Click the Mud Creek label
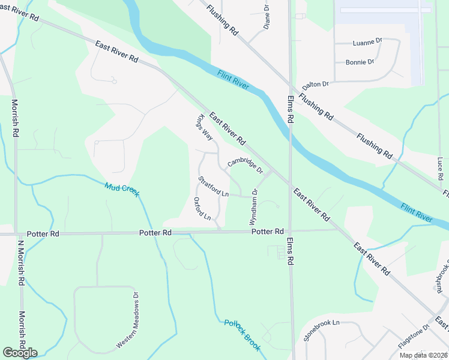122,190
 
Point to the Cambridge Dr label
245,166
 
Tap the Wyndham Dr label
253,207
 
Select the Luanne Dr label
367,42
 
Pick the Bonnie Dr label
360,62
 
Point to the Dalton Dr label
315,85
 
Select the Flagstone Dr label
414,337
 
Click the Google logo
20,352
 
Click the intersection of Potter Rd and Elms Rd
291,230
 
